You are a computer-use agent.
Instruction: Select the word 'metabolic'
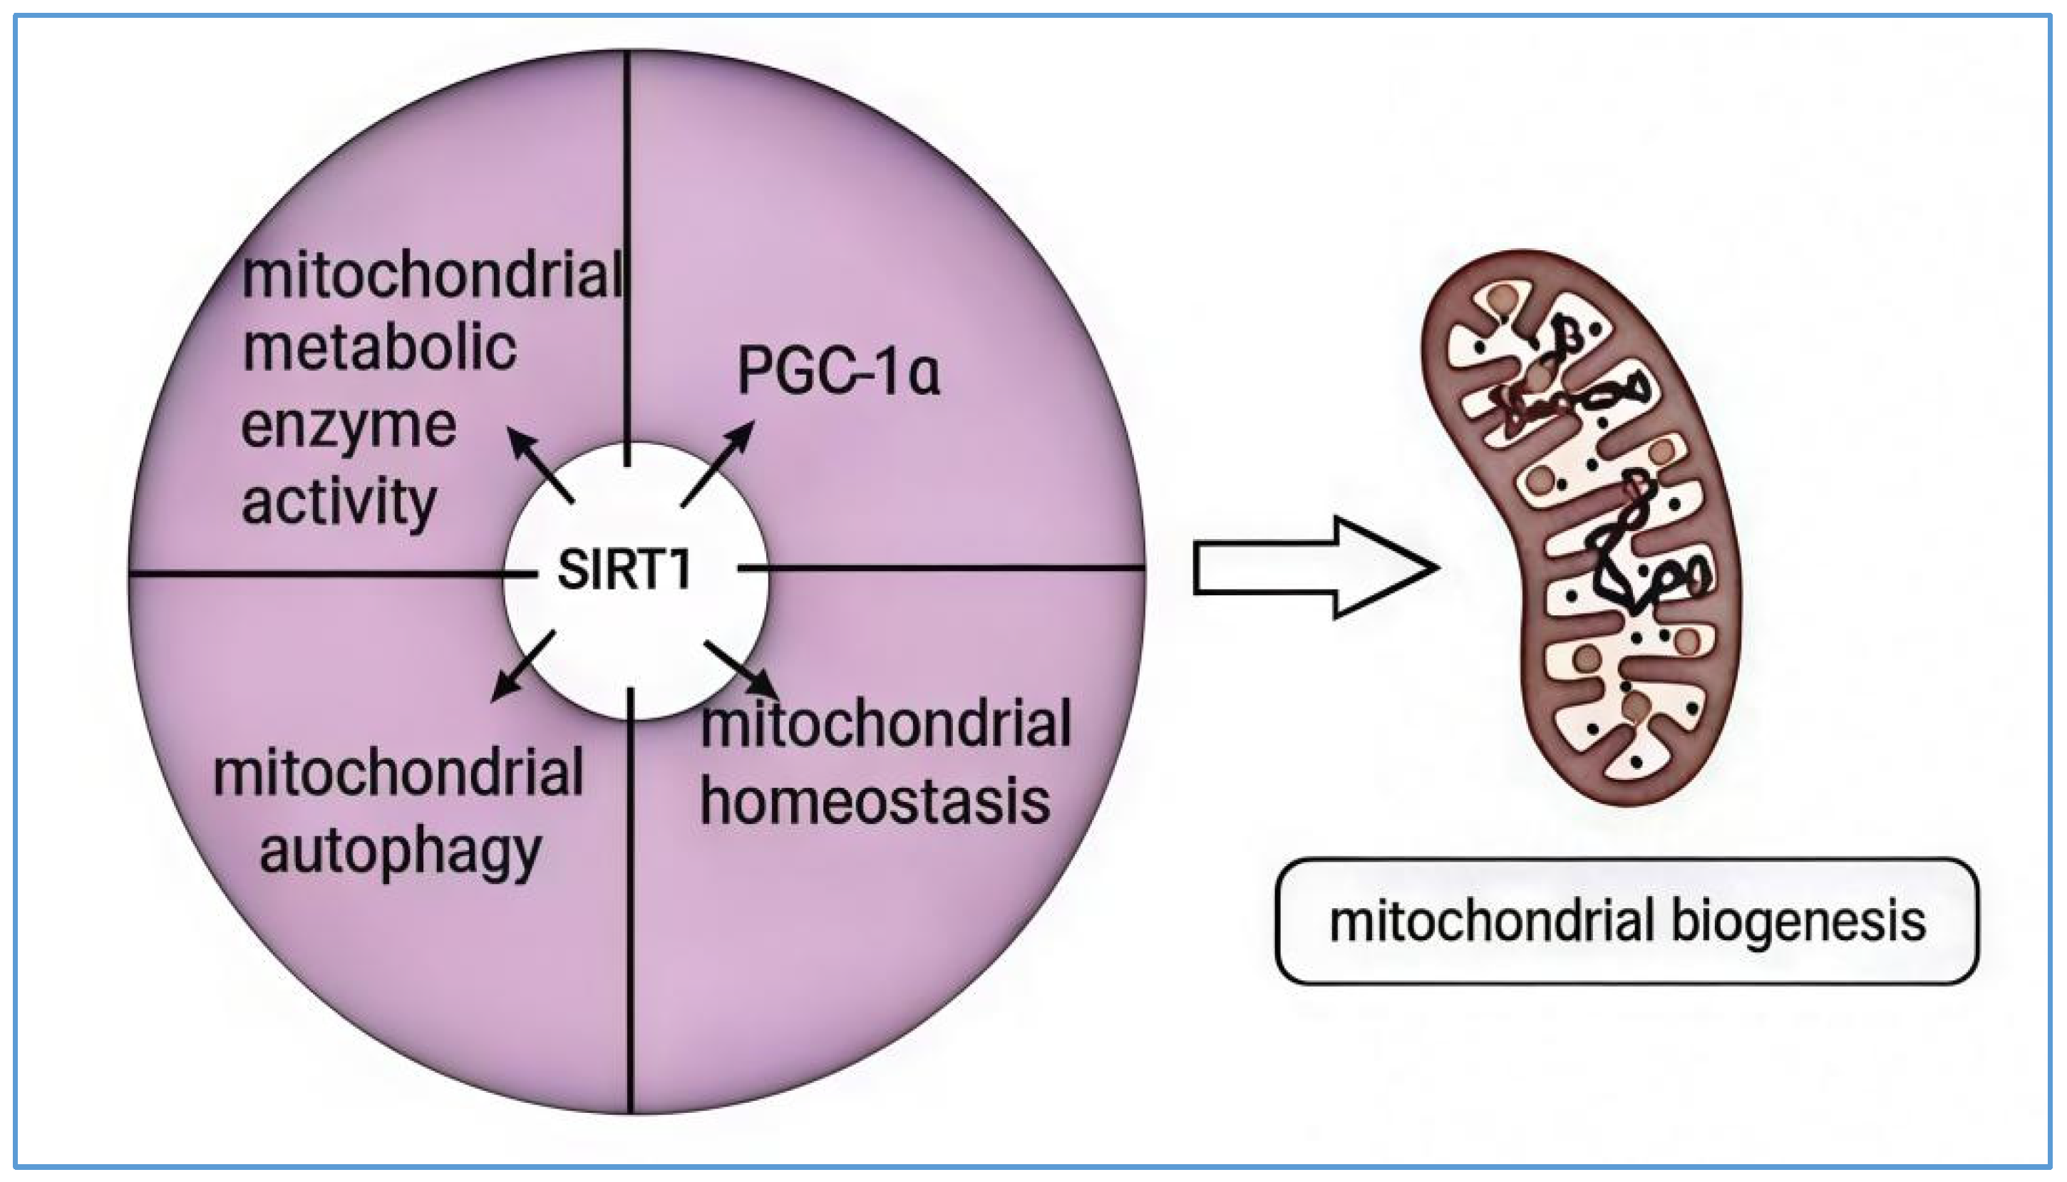point(379,349)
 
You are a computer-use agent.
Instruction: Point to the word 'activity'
point(339,503)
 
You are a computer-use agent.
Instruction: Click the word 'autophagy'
point(400,853)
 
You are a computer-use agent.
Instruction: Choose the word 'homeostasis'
point(875,801)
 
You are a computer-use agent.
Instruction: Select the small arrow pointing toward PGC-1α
point(718,463)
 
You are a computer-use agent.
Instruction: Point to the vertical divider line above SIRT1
point(627,244)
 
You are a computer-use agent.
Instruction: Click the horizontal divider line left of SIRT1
point(324,574)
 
